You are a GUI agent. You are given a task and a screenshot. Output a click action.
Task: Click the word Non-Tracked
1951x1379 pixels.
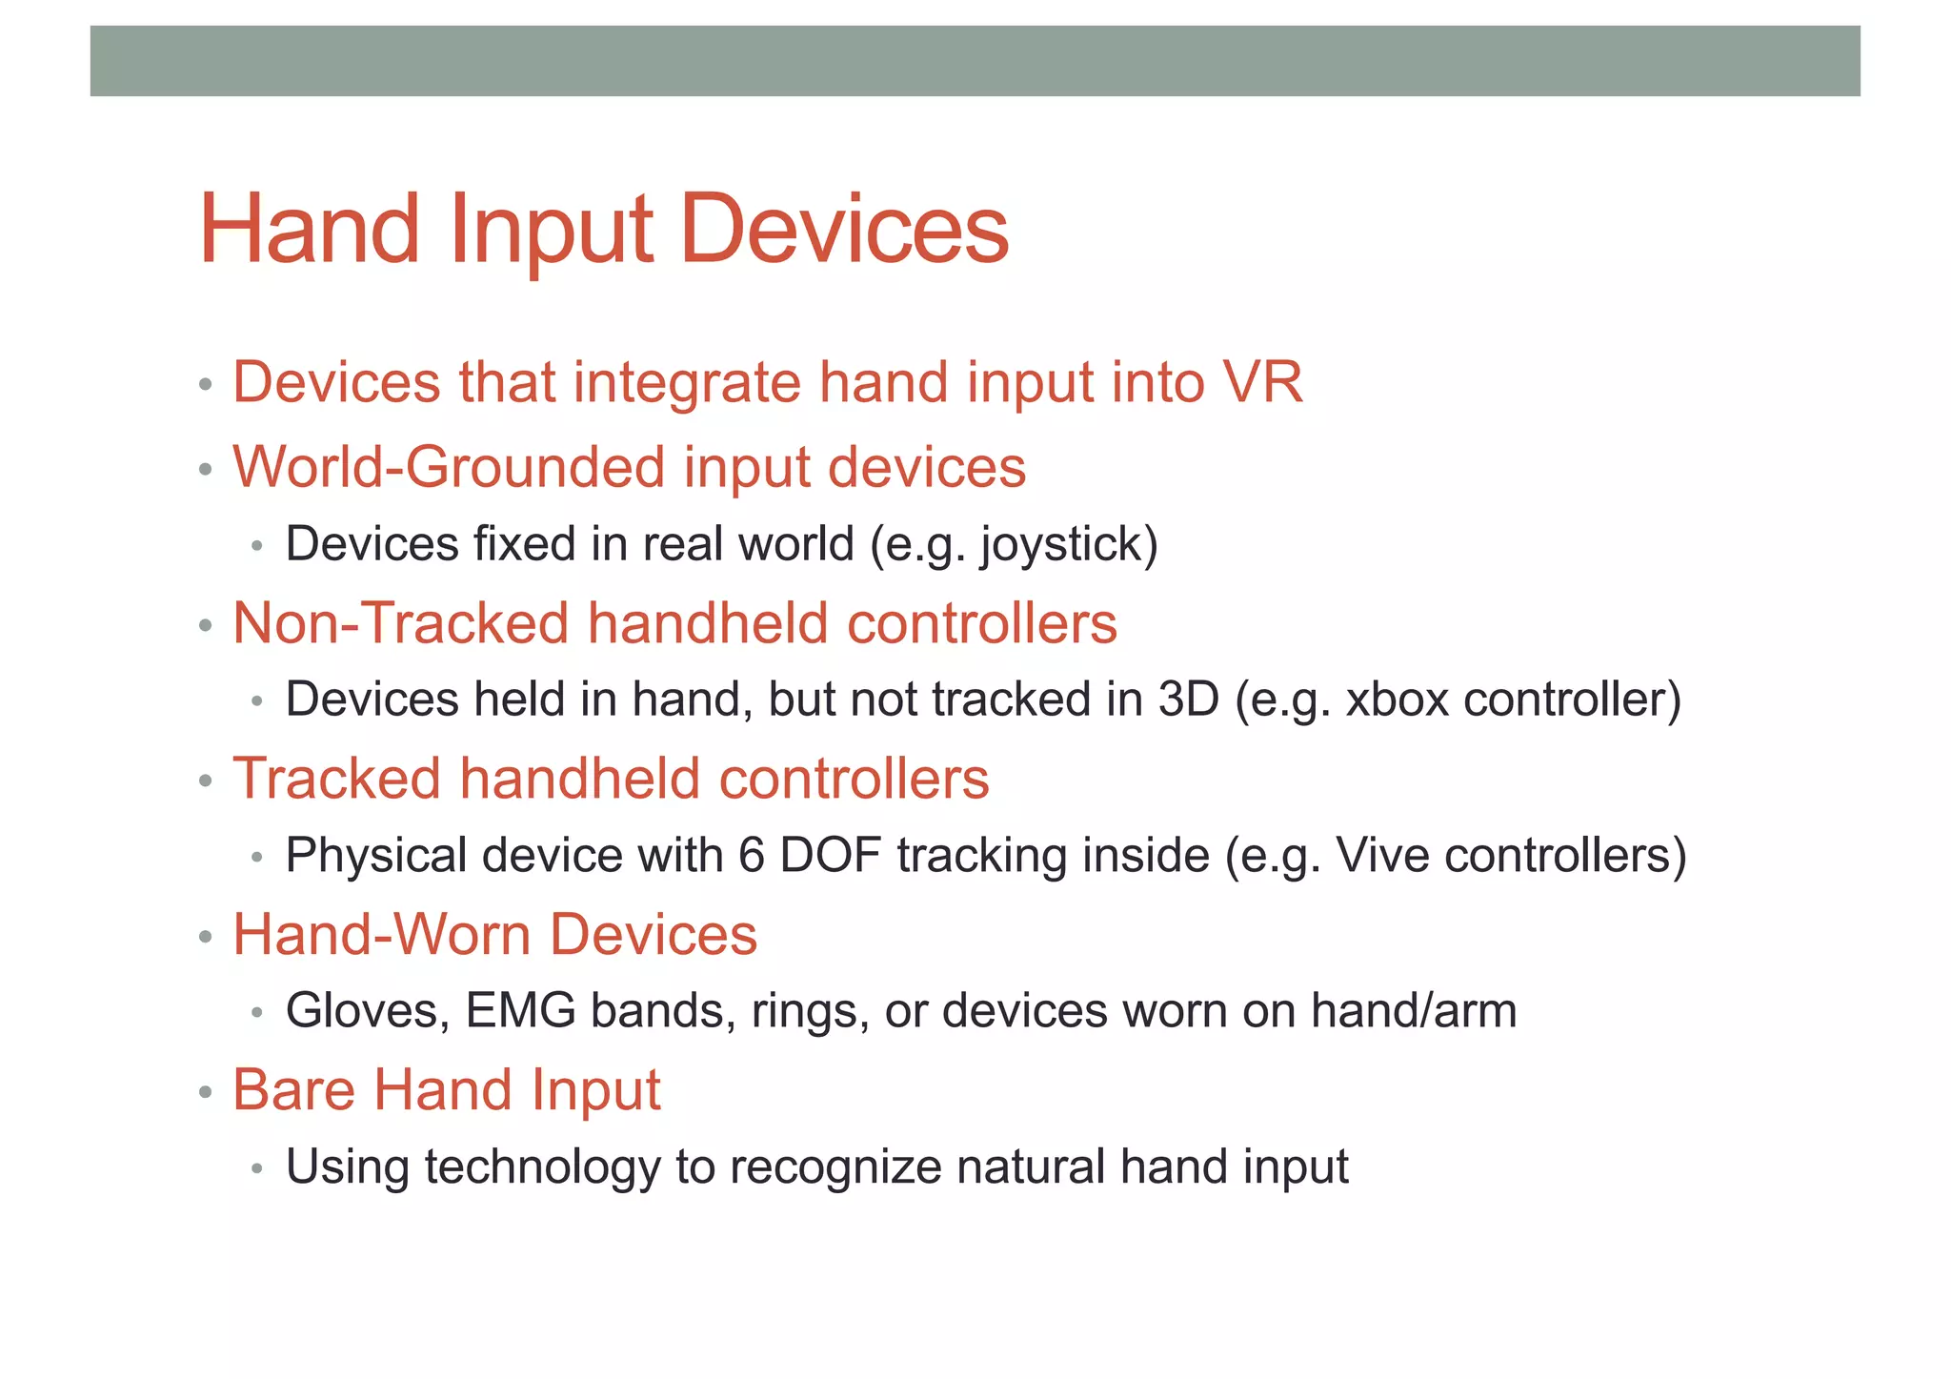tap(400, 623)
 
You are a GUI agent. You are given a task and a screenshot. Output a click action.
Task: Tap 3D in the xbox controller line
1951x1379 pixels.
tap(1188, 700)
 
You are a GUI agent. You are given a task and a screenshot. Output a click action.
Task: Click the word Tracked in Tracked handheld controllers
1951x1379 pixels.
tap(336, 779)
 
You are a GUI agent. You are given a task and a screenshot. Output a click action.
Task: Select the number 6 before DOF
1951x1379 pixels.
tap(751, 855)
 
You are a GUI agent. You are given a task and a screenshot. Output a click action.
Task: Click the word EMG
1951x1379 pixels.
tap(520, 1011)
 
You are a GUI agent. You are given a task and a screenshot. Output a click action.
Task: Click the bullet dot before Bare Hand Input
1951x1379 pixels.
tap(205, 1092)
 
